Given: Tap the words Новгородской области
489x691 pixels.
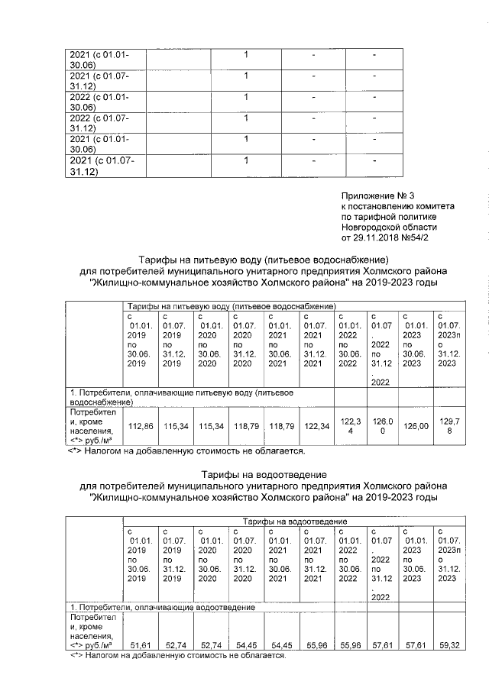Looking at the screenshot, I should [389, 228].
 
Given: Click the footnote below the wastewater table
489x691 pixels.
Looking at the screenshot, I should [177, 656].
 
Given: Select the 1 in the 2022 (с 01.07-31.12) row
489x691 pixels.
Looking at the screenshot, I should [246, 118].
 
